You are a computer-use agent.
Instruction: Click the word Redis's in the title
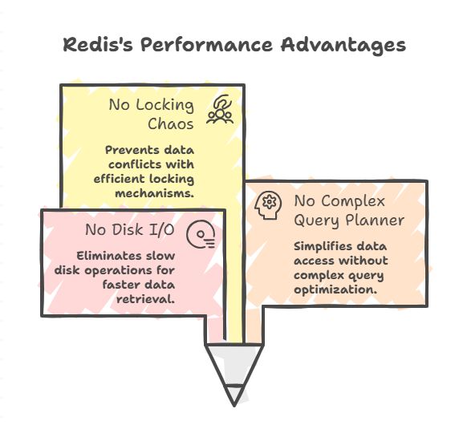[98, 45]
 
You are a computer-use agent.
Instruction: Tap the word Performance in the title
[206, 45]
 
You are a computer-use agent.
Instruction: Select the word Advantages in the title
[343, 46]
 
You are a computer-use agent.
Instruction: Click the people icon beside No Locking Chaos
[220, 109]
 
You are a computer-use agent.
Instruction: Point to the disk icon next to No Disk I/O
[201, 234]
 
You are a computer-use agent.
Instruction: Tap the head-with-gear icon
[268, 204]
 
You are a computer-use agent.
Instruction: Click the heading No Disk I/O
[130, 229]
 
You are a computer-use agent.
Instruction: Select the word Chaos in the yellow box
[171, 123]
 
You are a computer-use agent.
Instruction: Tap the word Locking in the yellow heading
[164, 105]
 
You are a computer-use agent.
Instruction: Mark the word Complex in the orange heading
[353, 201]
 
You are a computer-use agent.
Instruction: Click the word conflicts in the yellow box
[131, 164]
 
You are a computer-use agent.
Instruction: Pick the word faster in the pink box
[120, 285]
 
